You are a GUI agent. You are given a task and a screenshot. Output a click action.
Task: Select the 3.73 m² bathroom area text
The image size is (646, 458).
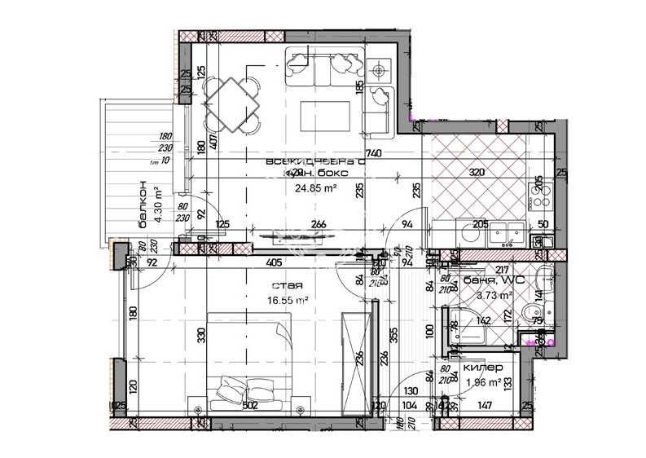click(493, 296)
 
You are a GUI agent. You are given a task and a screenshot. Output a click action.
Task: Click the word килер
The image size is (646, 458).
click(477, 368)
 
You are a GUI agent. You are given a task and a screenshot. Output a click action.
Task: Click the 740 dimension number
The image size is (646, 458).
click(375, 153)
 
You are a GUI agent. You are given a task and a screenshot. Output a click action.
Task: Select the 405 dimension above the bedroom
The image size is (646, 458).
click(274, 263)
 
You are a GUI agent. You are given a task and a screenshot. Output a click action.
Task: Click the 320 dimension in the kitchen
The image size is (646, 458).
click(477, 173)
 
